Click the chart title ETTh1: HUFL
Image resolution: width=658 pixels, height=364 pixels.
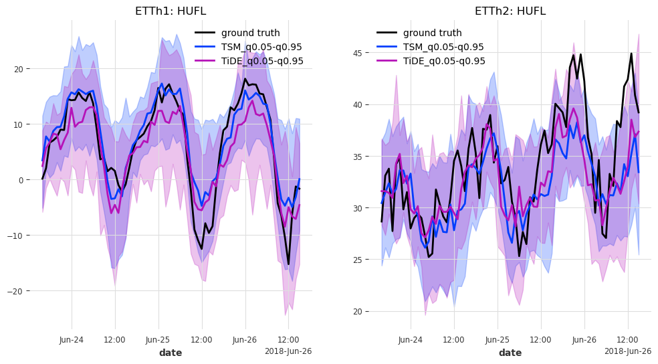tap(170, 11)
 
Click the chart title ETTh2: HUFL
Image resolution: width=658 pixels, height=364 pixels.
tap(510, 11)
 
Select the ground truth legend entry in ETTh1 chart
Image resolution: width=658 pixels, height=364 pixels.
tap(250, 33)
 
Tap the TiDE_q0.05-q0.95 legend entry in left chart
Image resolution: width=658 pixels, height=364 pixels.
tap(262, 61)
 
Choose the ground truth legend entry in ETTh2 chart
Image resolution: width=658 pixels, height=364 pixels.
tap(432, 33)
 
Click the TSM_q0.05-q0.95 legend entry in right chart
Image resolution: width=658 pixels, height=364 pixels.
tap(443, 47)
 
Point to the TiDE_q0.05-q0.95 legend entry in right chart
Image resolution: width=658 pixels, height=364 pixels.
tap(444, 61)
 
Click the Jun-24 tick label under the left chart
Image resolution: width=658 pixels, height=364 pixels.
tap(72, 340)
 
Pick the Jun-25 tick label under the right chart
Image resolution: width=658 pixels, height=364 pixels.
tap(498, 340)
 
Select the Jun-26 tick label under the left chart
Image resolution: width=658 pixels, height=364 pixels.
tap(245, 340)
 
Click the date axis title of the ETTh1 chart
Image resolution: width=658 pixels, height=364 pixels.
tap(170, 353)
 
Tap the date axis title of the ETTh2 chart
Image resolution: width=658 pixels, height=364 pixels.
tap(510, 353)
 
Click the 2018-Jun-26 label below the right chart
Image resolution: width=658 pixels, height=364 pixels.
tap(627, 351)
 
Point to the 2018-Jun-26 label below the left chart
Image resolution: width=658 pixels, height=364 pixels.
tap(288, 351)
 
